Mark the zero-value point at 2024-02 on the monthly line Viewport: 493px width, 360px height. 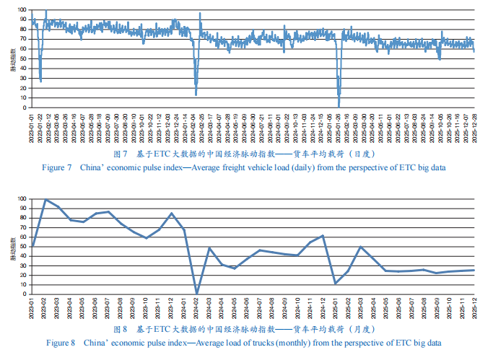pos(197,294)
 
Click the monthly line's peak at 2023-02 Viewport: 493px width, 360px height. pos(45,200)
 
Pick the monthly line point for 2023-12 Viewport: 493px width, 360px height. pos(172,213)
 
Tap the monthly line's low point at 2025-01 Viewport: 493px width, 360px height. pos(336,284)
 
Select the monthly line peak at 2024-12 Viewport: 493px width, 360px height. pos(323,235)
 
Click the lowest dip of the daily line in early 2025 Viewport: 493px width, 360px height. pos(339,106)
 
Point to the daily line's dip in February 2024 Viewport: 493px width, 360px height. pos(196,95)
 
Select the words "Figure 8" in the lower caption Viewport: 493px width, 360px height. pos(62,343)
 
